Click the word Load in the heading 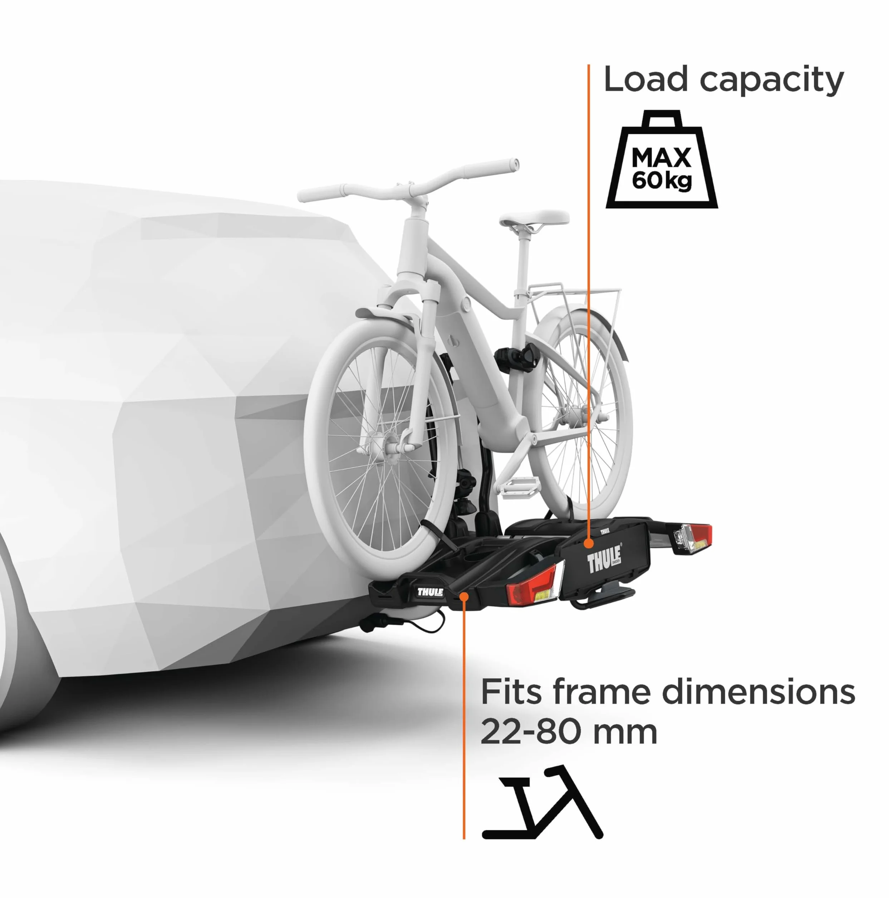645,79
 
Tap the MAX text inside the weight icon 662,158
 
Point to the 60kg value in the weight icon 662,180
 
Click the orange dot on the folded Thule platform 589,542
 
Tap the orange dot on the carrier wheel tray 463,596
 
